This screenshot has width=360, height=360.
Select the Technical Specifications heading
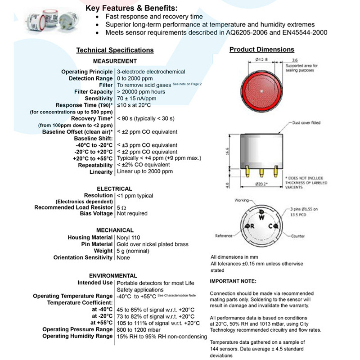click(x=115, y=50)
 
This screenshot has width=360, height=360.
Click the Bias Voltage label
click(x=96, y=213)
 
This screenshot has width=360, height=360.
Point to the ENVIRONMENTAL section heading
click(x=113, y=275)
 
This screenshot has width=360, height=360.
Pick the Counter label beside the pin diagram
click(x=297, y=236)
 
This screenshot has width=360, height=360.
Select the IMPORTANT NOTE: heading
click(x=233, y=281)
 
